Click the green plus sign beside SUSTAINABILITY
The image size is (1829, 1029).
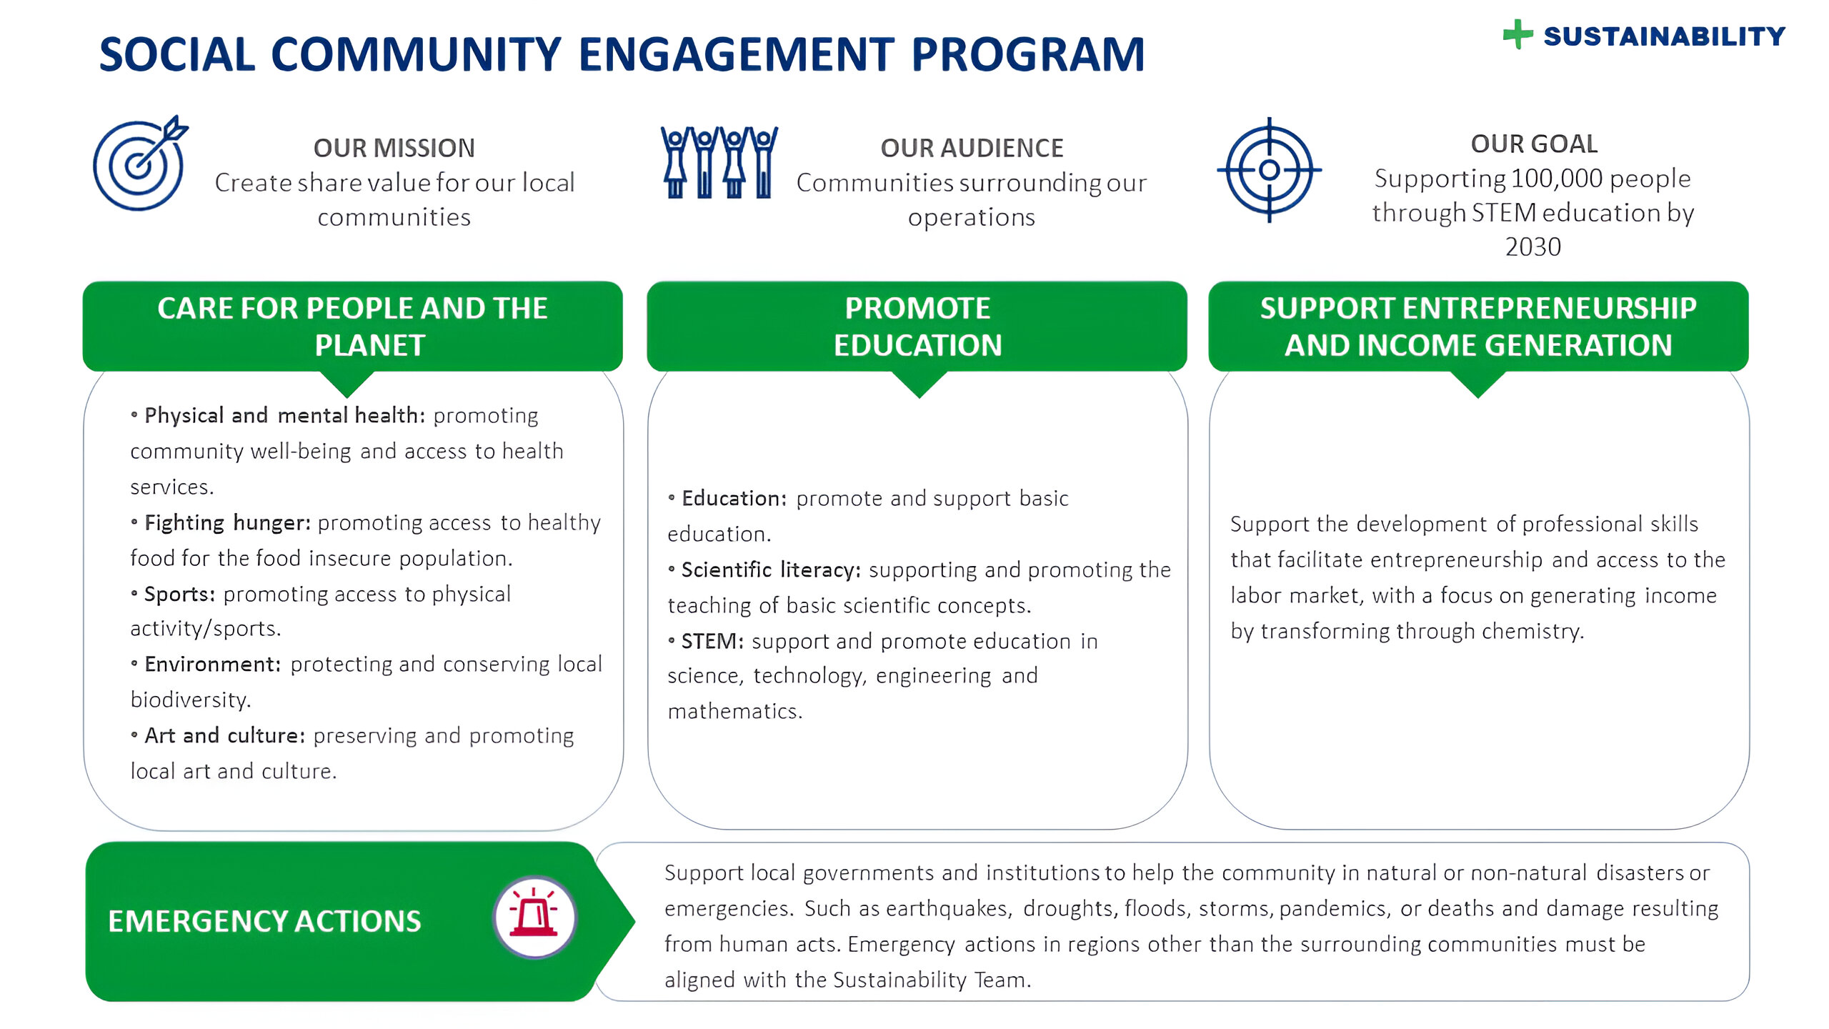[1517, 34]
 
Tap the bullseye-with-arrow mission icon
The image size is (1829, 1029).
[141, 163]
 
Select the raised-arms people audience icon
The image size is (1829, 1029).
[719, 162]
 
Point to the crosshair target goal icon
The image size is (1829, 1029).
[1270, 170]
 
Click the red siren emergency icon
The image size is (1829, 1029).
[534, 918]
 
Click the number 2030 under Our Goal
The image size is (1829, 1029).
[1533, 247]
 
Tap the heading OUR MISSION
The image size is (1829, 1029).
[394, 148]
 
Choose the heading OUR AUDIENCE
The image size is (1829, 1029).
[972, 148]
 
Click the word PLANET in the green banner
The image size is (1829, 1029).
[370, 345]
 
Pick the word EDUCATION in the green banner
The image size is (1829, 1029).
[918, 345]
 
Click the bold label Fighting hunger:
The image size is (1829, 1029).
[228, 523]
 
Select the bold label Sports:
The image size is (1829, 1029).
[180, 594]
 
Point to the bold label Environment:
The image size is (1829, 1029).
[213, 665]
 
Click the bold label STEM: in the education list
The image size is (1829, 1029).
[712, 641]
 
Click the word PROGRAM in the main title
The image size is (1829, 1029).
[1028, 55]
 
